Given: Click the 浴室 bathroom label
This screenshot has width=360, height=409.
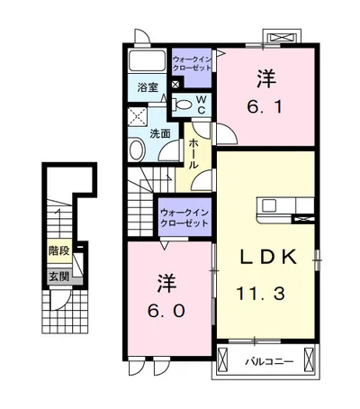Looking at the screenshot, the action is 148,87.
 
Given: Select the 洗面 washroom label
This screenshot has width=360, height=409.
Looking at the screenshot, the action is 160,133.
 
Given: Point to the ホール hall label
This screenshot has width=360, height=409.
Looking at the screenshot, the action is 193,154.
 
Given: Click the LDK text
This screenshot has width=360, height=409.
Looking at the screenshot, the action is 268,257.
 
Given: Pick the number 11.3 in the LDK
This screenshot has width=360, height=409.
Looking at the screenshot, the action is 260,294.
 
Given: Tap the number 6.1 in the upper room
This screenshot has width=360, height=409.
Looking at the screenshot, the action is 265,106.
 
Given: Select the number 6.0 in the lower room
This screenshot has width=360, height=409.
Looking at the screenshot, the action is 166,311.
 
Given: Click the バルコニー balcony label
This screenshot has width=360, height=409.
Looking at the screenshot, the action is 269,361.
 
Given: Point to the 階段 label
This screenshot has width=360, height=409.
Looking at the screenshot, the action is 59,250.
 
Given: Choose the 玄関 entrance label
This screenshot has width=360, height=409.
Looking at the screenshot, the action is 59,277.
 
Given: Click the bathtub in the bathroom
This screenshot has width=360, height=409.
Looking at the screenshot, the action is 147,61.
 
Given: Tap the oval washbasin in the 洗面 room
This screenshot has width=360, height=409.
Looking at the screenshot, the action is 137,150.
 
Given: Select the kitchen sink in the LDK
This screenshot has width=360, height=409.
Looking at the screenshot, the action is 269,205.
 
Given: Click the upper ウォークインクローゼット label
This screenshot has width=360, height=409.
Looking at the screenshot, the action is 192,63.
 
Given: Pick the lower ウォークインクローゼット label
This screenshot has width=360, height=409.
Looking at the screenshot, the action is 184,218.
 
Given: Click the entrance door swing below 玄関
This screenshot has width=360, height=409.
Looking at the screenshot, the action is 61,299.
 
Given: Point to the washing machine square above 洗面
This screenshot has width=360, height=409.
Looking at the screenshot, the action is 138,116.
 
